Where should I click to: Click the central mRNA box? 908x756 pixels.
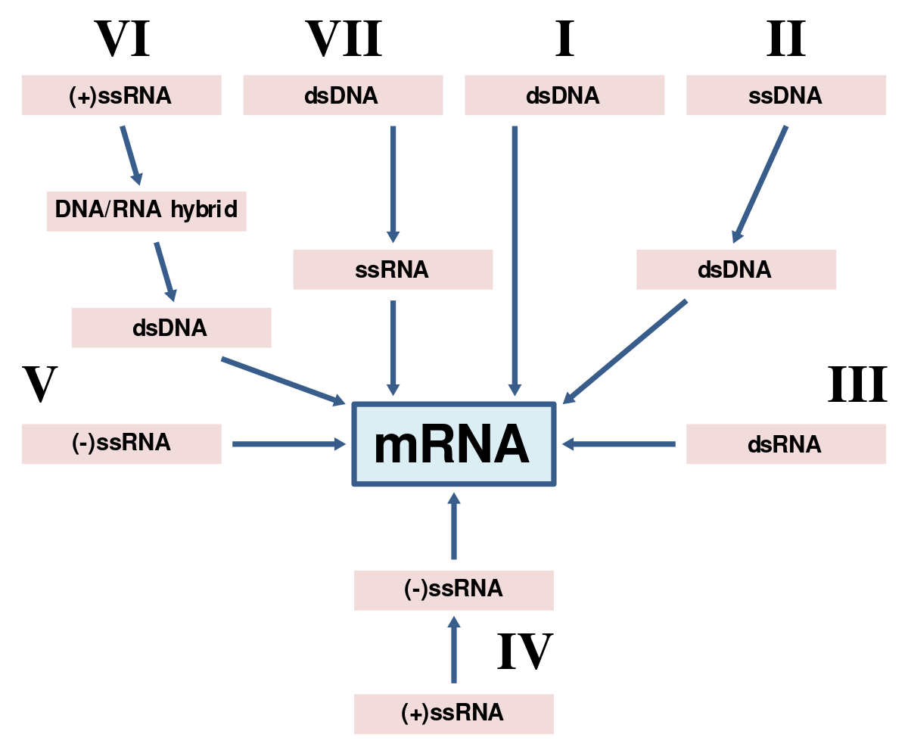click(453, 444)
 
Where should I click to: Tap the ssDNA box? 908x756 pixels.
click(785, 95)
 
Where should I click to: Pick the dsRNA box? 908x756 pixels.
click(785, 444)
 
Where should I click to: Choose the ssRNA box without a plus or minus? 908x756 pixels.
click(393, 269)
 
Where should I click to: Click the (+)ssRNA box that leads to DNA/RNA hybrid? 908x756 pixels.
click(121, 95)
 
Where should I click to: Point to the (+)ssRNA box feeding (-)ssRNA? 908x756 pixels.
click(453, 714)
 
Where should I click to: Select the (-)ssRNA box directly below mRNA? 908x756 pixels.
click(453, 590)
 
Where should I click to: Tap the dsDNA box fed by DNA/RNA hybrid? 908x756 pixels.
click(171, 328)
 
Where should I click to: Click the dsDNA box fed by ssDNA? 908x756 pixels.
click(735, 269)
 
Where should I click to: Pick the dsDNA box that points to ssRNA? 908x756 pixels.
click(342, 95)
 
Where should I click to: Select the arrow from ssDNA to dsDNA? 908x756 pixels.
click(760, 185)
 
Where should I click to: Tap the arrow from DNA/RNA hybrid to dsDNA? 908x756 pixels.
click(165, 271)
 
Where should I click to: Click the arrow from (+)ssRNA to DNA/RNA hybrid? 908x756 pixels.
click(131, 154)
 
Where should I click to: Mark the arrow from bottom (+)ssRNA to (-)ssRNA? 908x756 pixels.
click(453, 650)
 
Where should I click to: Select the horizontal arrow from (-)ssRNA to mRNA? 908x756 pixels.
click(288, 444)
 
